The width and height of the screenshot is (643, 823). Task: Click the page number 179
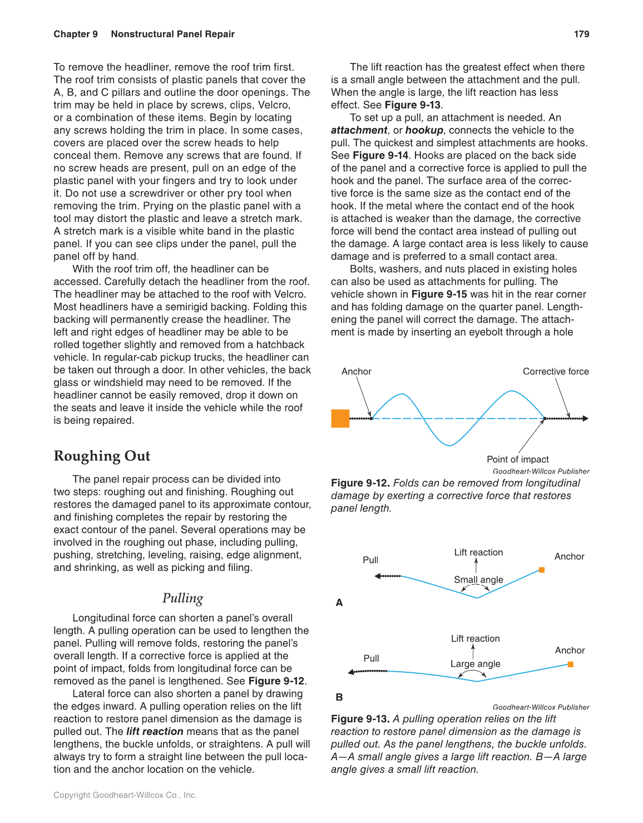pyautogui.click(x=581, y=34)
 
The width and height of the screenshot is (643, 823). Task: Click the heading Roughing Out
pyautogui.click(x=102, y=456)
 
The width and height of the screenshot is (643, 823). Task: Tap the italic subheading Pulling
pyautogui.click(x=182, y=598)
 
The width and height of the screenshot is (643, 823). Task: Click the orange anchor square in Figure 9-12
pyautogui.click(x=340, y=418)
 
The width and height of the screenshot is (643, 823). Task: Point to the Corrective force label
pyautogui.click(x=555, y=372)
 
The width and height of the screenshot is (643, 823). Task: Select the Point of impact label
pyautogui.click(x=517, y=459)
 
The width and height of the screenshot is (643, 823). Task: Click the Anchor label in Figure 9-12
pyautogui.click(x=356, y=372)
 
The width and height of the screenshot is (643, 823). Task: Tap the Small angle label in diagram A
pyautogui.click(x=478, y=580)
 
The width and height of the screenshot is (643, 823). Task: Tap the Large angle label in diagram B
pyautogui.click(x=475, y=664)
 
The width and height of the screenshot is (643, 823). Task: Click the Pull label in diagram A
pyautogui.click(x=370, y=560)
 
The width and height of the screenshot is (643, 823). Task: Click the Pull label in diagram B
pyautogui.click(x=371, y=658)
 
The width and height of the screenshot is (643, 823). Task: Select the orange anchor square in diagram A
pyautogui.click(x=542, y=570)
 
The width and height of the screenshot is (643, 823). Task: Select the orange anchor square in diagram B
pyautogui.click(x=571, y=664)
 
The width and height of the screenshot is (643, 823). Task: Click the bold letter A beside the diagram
pyautogui.click(x=339, y=603)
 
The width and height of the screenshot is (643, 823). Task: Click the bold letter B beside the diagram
pyautogui.click(x=339, y=697)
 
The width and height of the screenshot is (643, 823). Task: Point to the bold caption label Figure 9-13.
pyautogui.click(x=360, y=719)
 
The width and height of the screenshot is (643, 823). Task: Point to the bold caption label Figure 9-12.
pyautogui.click(x=360, y=483)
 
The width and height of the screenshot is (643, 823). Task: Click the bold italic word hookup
pyautogui.click(x=424, y=130)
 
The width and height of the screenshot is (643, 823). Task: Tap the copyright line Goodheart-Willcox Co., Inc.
pyautogui.click(x=125, y=795)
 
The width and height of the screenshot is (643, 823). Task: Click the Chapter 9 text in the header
pyautogui.click(x=76, y=34)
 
